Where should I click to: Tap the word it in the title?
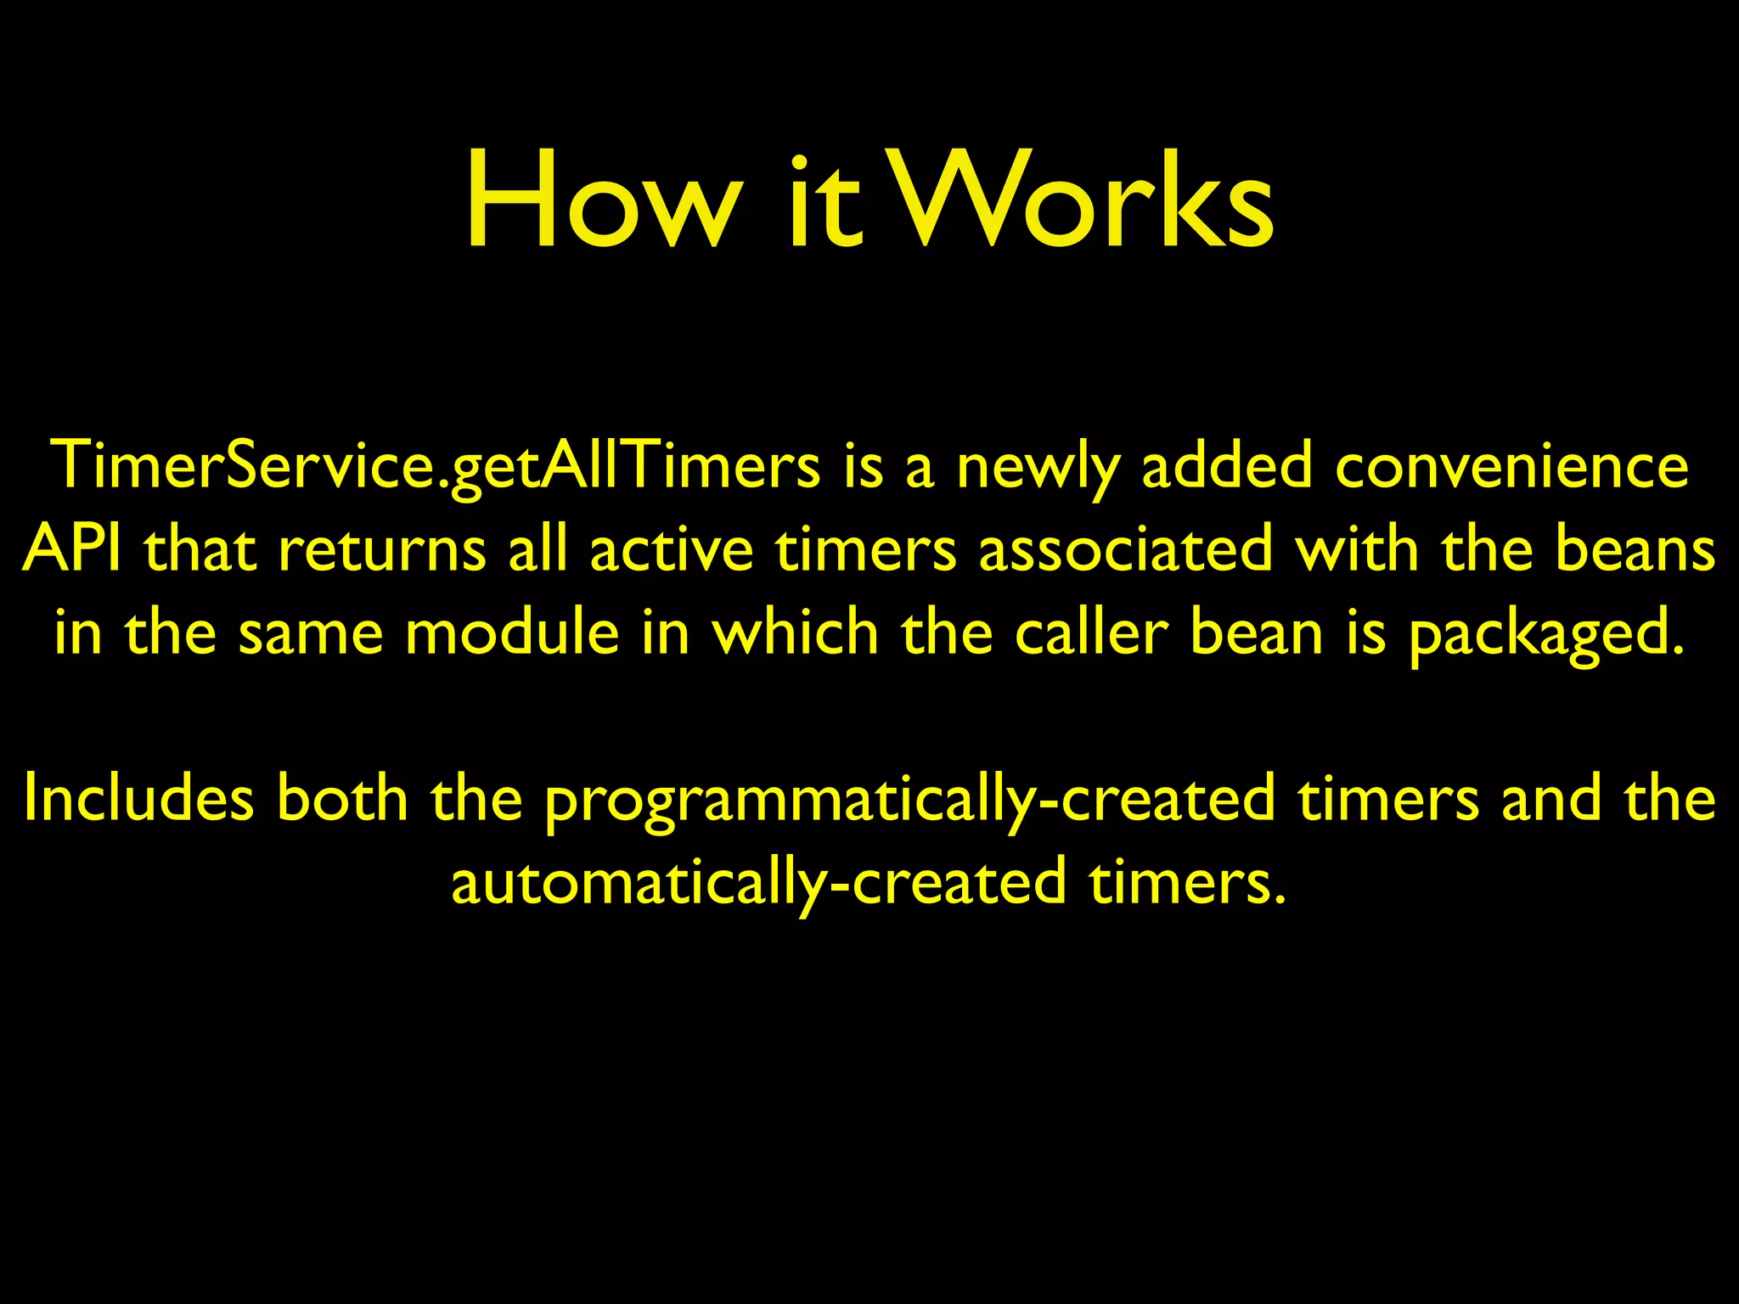(x=824, y=204)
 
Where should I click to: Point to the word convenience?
(x=1511, y=467)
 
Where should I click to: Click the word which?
(x=795, y=632)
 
